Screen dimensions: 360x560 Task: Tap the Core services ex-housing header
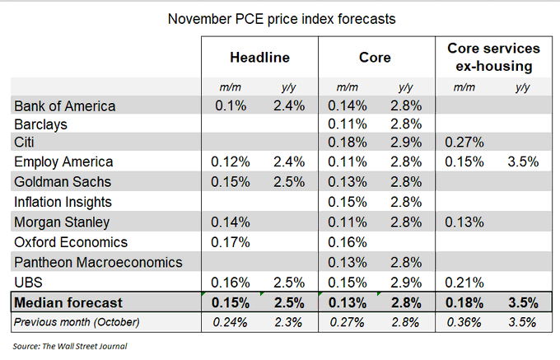pos(493,58)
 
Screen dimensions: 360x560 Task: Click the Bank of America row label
pos(65,105)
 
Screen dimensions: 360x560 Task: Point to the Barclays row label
pos(41,124)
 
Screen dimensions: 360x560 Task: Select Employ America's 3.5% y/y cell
pos(522,162)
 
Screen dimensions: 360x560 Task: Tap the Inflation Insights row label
pos(63,201)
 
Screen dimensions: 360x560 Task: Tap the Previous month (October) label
pos(77,321)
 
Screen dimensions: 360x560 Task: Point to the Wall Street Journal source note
pos(70,345)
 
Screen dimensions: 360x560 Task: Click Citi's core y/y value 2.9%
pos(405,143)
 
